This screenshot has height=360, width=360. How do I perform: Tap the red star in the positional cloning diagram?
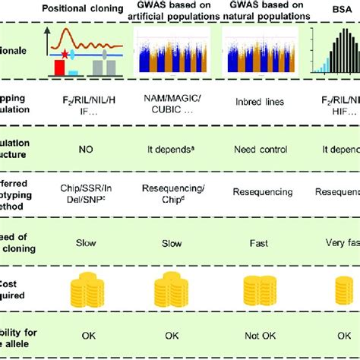tap(67, 55)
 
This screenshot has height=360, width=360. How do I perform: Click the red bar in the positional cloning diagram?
tap(59, 69)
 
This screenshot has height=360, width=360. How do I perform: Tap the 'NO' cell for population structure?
tap(80, 162)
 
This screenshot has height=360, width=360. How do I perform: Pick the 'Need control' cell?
tap(262, 162)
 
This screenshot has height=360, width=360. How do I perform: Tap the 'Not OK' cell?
tap(262, 333)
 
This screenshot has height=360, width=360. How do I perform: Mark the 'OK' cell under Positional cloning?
tap(80, 333)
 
